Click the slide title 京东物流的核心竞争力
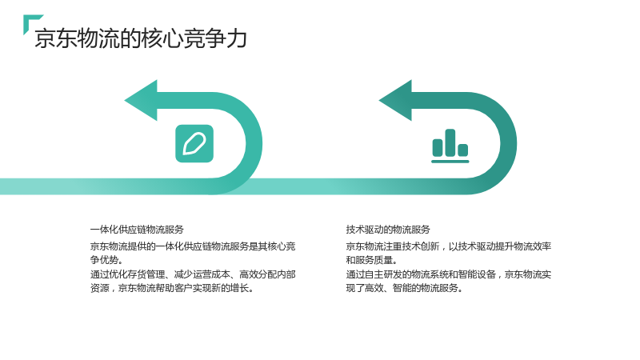(x=141, y=38)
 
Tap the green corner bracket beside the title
(x=30, y=21)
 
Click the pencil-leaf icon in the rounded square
(x=194, y=144)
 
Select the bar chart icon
(x=450, y=146)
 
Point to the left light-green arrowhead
(x=142, y=101)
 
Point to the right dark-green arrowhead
(x=396, y=101)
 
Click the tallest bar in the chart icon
(x=450, y=142)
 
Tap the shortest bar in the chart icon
(x=463, y=150)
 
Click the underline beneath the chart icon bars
(x=450, y=162)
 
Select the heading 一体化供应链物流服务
(x=137, y=230)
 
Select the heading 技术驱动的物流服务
(x=388, y=230)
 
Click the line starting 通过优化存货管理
(x=193, y=274)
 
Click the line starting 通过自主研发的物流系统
(x=449, y=274)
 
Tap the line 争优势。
(x=106, y=260)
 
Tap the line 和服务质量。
(x=372, y=260)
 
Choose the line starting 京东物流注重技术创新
(x=449, y=246)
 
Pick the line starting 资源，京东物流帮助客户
(x=172, y=288)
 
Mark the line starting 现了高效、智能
(x=405, y=288)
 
